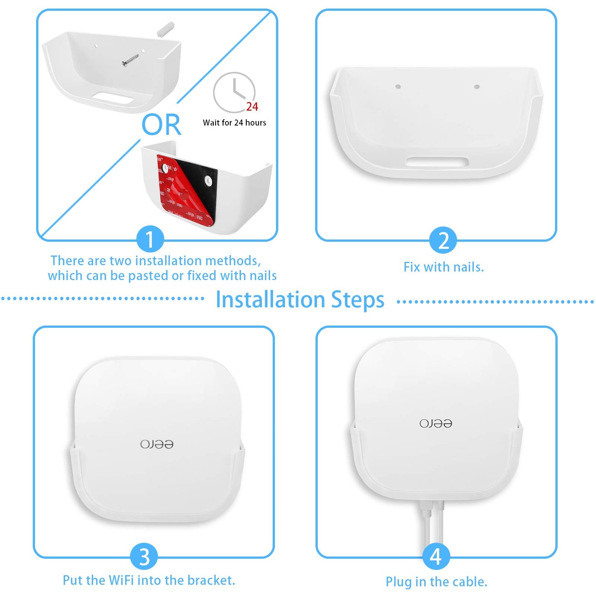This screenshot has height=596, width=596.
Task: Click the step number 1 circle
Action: pos(150,240)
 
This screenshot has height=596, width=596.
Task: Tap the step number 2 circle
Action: pos(443,240)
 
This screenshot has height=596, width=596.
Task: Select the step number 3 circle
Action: pos(144,557)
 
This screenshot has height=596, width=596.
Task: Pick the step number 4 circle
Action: pos(435,557)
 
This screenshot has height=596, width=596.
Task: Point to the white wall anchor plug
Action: pos(166,29)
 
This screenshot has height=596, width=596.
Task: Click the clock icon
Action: pos(234,92)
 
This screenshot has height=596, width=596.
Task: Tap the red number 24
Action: pos(252,107)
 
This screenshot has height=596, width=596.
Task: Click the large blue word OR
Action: pos(161,125)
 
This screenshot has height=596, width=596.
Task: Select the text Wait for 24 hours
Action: pos(234,123)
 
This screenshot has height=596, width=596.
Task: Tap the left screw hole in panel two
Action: pos(398,87)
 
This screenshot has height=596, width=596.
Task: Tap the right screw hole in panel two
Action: pos(476,87)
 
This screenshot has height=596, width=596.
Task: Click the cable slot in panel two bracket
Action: pos(437,162)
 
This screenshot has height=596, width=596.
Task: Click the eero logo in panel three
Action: pos(157,444)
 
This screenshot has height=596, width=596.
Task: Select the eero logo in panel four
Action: pos(435,424)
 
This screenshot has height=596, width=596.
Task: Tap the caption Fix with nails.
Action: pos(443,267)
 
